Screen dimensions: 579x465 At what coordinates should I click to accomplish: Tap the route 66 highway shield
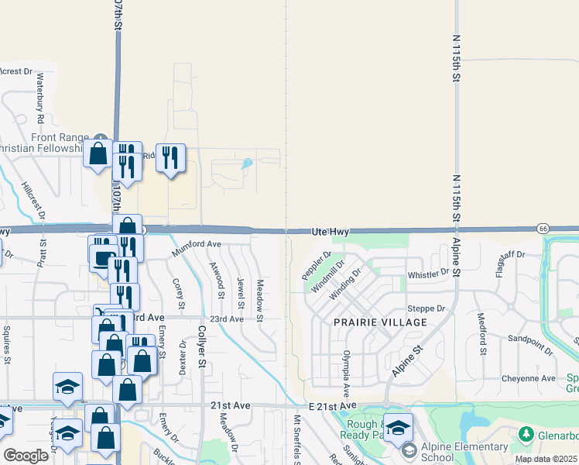(543, 228)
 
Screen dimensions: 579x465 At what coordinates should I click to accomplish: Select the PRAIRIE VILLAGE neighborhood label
(380, 322)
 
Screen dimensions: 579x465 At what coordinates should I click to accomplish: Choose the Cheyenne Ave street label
(529, 378)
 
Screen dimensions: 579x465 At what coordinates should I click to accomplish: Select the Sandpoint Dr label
(530, 345)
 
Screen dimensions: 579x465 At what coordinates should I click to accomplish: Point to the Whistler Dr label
(428, 274)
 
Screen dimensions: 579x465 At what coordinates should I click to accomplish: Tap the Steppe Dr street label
(431, 308)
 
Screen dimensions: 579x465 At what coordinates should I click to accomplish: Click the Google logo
(26, 455)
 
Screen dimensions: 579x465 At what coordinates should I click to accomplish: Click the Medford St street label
(481, 333)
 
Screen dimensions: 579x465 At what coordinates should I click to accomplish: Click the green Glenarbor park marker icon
(526, 432)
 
